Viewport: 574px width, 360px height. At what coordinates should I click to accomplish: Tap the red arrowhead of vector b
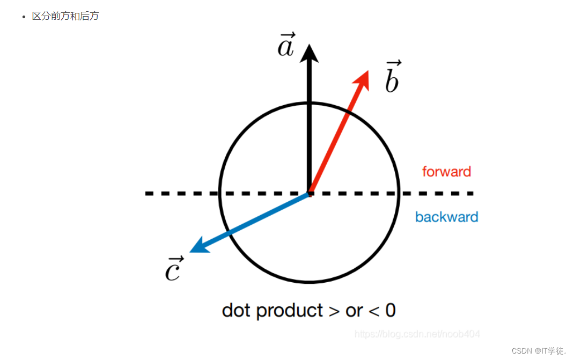pos(363,78)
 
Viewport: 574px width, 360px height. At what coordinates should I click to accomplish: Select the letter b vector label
pos(393,78)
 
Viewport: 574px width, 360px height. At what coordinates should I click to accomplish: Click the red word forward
pos(446,172)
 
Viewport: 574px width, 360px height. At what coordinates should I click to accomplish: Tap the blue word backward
pos(446,217)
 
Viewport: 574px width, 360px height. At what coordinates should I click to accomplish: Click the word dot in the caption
pos(236,310)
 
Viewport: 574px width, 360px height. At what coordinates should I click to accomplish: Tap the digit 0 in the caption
pos(391,310)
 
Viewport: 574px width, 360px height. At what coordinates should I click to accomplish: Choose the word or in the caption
pos(354,311)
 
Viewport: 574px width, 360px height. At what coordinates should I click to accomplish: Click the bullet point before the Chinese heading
pos(24,17)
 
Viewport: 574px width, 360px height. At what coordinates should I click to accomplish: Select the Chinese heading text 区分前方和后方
pos(65,16)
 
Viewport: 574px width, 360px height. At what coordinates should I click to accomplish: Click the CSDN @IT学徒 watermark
pos(539,350)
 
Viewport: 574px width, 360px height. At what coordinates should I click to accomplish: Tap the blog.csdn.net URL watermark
pos(417,334)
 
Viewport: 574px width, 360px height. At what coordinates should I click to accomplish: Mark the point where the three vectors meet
pos(310,193)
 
